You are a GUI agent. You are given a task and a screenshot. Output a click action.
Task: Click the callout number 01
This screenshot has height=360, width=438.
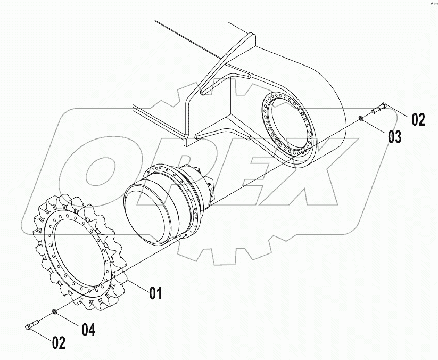(x=155, y=292)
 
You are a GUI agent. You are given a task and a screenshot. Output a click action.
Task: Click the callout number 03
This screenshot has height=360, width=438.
(x=394, y=136)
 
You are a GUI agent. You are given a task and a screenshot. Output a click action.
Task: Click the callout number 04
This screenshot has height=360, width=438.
(x=88, y=330)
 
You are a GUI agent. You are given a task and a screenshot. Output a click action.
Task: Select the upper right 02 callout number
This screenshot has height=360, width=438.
(x=418, y=119)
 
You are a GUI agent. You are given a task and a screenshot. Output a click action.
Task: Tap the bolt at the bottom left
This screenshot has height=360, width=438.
(x=33, y=324)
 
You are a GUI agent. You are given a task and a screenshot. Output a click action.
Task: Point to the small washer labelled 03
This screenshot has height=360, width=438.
(x=362, y=118)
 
